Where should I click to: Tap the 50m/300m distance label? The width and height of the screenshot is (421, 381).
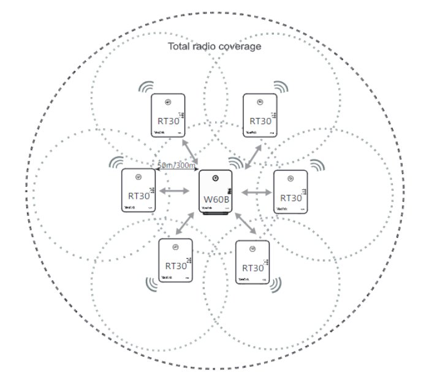176,165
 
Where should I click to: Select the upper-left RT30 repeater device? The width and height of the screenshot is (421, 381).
167,116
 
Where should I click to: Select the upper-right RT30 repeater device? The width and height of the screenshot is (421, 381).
260,116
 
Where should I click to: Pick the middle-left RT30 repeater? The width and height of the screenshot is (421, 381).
138,191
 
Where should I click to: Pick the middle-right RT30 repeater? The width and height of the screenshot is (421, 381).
290,192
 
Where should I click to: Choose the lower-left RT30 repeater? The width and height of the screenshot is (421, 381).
175,261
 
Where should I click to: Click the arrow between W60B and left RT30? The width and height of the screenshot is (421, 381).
174,192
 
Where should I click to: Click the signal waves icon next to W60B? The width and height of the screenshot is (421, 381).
236,164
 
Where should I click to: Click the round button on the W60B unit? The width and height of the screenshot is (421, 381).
215,179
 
